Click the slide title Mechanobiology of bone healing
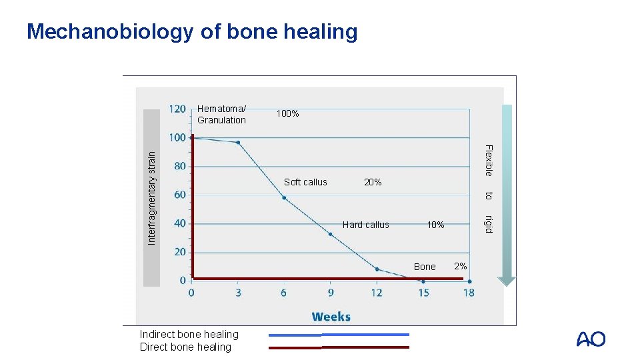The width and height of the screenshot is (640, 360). (192, 31)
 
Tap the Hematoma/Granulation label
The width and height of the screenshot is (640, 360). (221, 115)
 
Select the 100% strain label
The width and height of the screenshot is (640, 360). (287, 114)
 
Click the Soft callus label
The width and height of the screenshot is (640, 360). (305, 182)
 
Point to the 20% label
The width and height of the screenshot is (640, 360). (373, 182)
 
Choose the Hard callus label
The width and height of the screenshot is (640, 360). (365, 225)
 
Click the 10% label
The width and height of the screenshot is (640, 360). (435, 225)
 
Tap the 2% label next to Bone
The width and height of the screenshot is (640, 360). (460, 266)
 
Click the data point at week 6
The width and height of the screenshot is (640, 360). (284, 198)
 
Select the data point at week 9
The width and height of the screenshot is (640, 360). (331, 234)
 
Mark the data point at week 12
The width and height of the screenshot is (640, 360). (377, 269)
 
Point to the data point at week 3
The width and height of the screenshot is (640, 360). (238, 143)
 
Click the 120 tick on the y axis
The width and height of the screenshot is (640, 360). (177, 109)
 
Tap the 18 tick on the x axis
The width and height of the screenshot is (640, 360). (469, 293)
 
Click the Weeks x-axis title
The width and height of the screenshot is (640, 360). (331, 316)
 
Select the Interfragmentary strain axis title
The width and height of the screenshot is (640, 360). (151, 197)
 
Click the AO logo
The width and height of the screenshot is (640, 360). (591, 339)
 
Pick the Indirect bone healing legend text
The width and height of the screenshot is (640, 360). (189, 334)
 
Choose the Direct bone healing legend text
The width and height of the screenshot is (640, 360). (185, 347)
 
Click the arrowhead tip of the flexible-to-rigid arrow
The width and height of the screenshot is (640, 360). (507, 284)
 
